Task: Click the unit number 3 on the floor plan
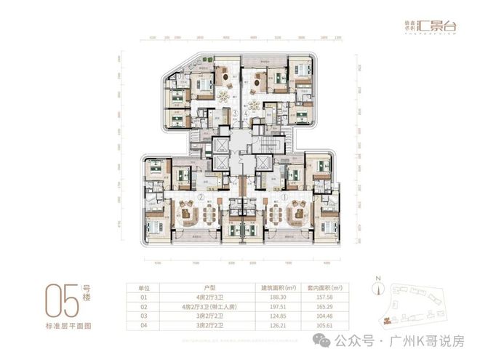click(x=233, y=114)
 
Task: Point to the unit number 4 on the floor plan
click(x=247, y=114)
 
